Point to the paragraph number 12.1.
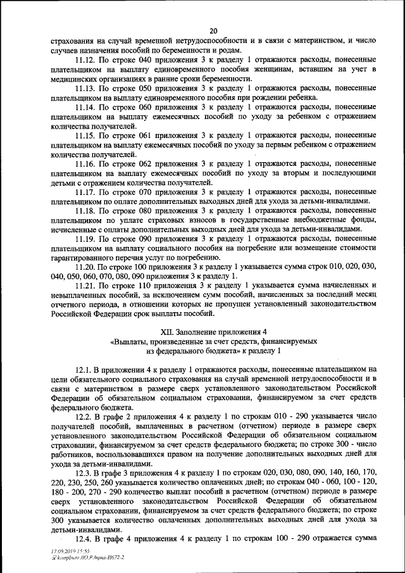pyautogui.click(x=84, y=369)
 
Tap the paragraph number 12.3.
pyautogui.click(x=84, y=474)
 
